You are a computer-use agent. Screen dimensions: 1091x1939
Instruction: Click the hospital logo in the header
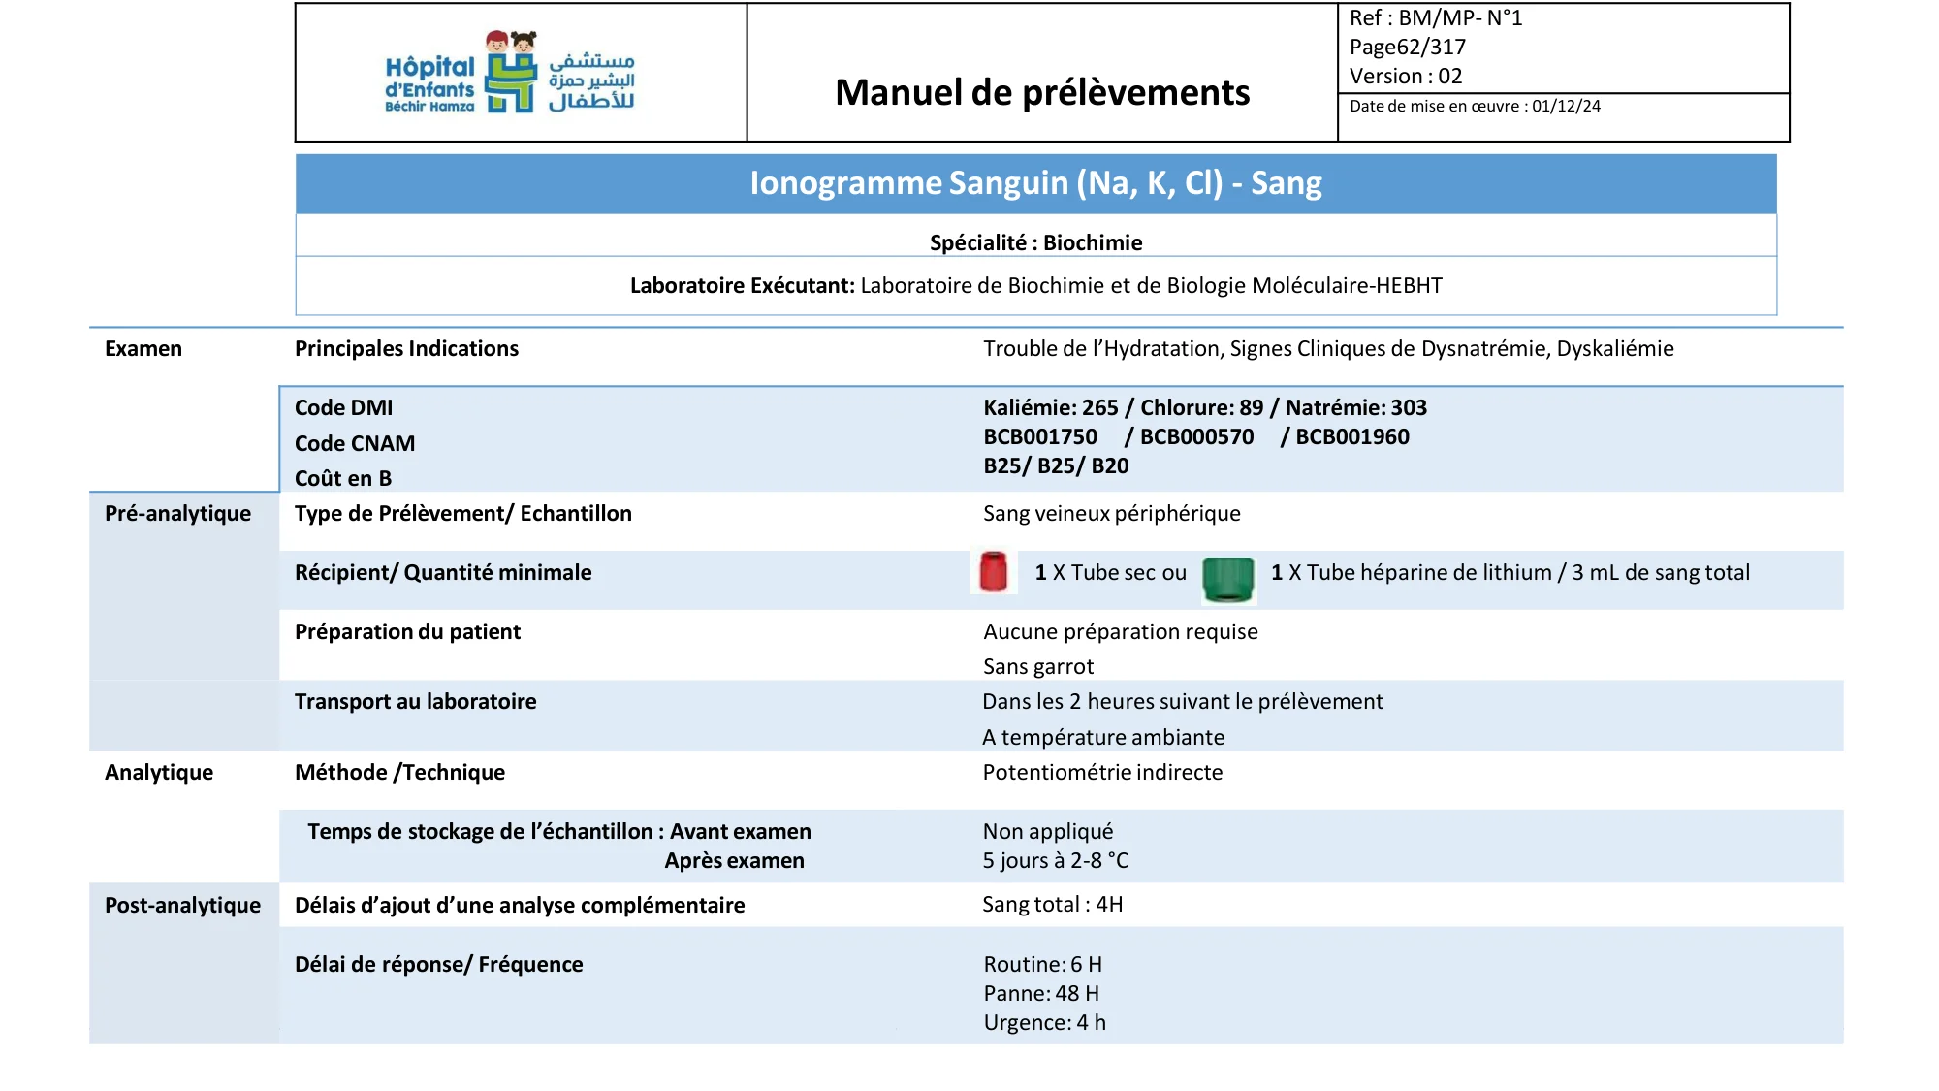510,73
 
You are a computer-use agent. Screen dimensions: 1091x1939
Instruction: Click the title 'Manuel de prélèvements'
1042,92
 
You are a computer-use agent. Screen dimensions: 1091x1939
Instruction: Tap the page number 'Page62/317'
1407,47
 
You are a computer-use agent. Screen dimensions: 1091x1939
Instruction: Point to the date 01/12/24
1566,107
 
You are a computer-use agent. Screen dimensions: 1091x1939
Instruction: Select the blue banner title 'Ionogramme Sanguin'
1035,183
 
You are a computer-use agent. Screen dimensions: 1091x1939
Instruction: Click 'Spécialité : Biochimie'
1035,242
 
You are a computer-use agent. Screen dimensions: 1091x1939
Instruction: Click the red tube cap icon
993,571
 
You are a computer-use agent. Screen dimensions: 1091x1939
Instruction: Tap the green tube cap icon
1227,579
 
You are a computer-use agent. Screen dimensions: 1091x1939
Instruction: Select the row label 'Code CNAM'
355,443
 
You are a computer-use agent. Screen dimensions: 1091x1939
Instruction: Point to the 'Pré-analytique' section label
177,513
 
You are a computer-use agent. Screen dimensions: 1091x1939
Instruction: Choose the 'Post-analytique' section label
182,905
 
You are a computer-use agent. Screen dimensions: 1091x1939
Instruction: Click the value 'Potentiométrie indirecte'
1102,772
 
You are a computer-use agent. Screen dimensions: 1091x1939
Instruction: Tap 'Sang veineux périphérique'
1111,513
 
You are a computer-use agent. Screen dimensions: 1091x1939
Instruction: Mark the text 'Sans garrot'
1037,666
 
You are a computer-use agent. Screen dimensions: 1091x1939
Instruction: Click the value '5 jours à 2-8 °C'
1055,860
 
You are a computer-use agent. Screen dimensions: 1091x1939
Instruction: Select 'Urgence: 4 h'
1044,1022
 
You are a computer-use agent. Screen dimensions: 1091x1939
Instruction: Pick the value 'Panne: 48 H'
1041,993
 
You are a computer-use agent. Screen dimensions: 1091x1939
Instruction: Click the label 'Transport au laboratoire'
415,701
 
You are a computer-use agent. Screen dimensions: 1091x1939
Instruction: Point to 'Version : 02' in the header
1405,76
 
